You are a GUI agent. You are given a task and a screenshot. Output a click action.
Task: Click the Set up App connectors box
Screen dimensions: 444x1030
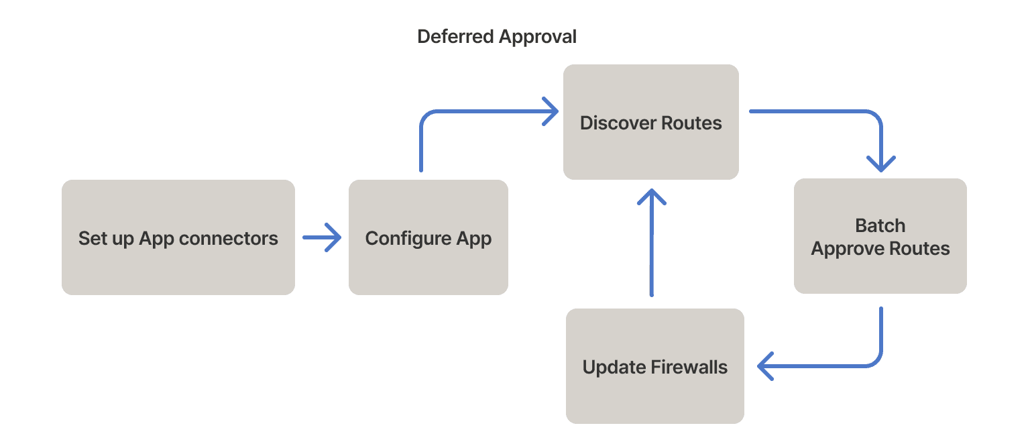tap(178, 237)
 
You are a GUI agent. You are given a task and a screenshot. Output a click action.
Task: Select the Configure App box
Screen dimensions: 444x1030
tap(428, 237)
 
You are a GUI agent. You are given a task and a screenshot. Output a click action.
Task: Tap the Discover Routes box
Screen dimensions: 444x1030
tap(650, 122)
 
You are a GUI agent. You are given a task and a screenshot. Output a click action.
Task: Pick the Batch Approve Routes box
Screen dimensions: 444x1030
tap(880, 236)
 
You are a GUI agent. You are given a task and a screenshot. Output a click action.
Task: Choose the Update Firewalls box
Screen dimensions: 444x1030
tap(654, 366)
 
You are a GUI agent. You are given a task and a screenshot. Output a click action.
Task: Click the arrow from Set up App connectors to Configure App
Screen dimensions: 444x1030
tap(322, 237)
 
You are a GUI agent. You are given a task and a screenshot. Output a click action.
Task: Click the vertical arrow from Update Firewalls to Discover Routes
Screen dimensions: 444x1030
tap(650, 248)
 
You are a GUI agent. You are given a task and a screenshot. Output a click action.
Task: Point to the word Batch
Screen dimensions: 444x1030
tap(880, 225)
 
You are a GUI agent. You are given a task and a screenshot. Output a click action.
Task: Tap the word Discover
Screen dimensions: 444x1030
tap(618, 123)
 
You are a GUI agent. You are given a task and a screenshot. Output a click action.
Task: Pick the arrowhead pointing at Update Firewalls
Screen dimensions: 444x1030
tap(766, 366)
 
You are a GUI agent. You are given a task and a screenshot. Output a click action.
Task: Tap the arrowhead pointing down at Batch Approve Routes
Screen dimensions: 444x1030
tap(880, 164)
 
